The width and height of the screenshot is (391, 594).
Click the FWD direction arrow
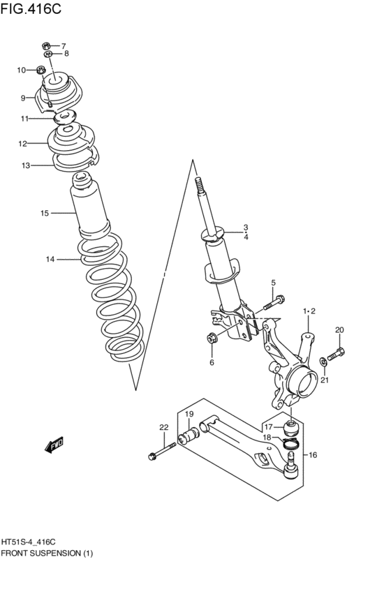tap(54, 445)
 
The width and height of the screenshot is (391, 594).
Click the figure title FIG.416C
tap(30, 8)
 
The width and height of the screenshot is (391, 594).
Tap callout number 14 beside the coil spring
tap(50, 260)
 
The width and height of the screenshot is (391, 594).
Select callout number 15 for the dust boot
tap(45, 214)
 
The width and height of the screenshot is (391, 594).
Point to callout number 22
tap(163, 427)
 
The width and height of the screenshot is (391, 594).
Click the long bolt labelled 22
tap(163, 451)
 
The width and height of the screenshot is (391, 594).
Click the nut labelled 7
tap(46, 46)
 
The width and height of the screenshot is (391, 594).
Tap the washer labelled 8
tap(48, 54)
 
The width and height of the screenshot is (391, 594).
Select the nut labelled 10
tap(41, 70)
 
